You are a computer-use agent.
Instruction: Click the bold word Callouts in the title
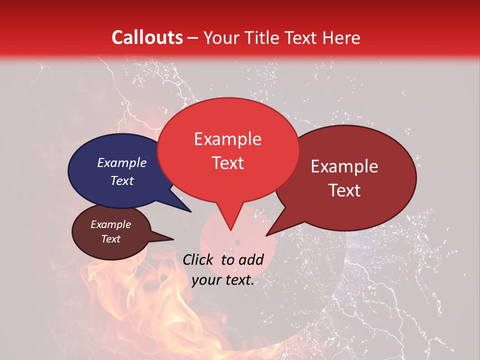coord(147,37)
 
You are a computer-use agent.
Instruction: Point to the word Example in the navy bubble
coord(121,163)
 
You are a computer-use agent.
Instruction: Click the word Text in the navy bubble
coord(121,181)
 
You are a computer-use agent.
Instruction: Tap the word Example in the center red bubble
coord(227,139)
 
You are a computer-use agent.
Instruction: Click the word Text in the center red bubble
coord(227,163)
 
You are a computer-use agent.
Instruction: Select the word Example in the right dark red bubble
coord(344,166)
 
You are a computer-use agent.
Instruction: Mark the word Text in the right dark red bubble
coord(344,190)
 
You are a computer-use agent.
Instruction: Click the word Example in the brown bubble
coord(110,224)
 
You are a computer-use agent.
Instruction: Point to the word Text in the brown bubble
coord(110,239)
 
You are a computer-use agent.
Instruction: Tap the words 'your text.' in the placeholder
coord(223,280)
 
